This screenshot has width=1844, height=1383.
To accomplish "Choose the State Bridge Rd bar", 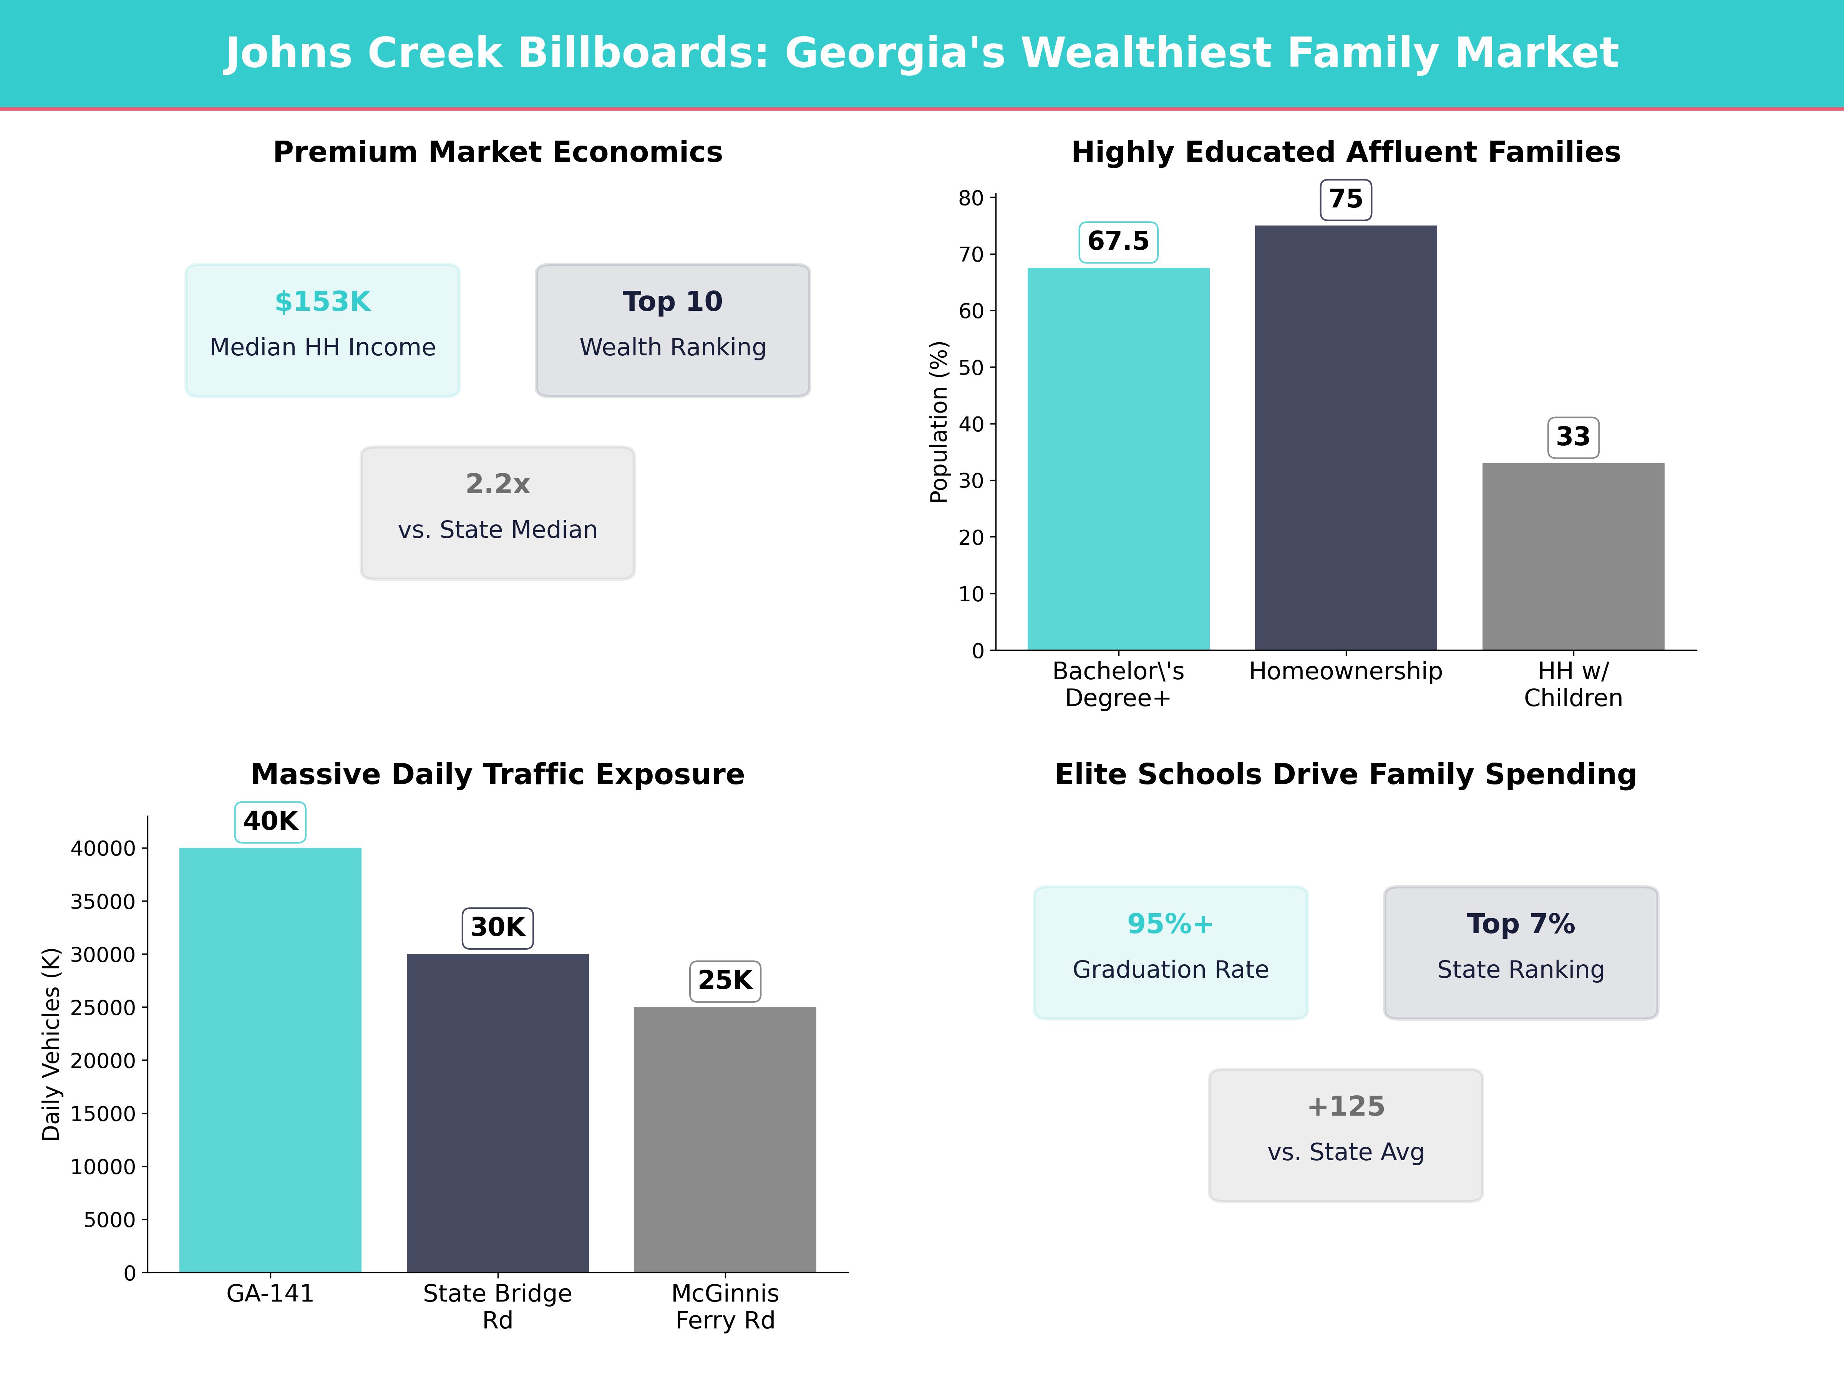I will (x=497, y=1113).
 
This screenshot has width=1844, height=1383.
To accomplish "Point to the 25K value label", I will (x=725, y=980).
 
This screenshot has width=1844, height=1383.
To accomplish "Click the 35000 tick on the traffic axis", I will (x=103, y=901).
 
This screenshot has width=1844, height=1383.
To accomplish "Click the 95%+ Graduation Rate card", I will (x=1171, y=952).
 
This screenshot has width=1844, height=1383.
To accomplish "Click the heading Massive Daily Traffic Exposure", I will (x=497, y=774).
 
